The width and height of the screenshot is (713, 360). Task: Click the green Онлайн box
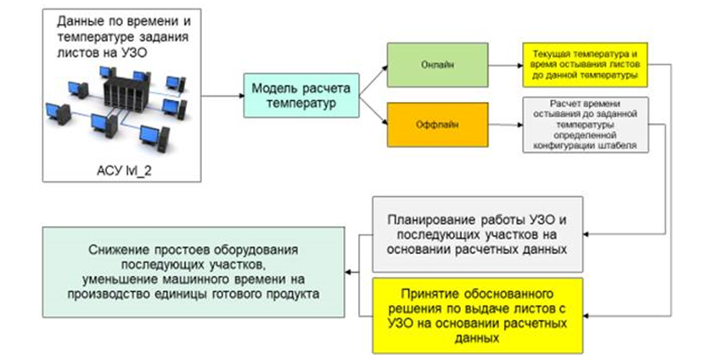pos(437,65)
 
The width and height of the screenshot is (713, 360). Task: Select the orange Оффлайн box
pos(437,124)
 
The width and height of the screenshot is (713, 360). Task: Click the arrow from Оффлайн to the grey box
pos(505,125)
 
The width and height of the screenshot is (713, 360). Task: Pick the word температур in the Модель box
pos(300,103)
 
